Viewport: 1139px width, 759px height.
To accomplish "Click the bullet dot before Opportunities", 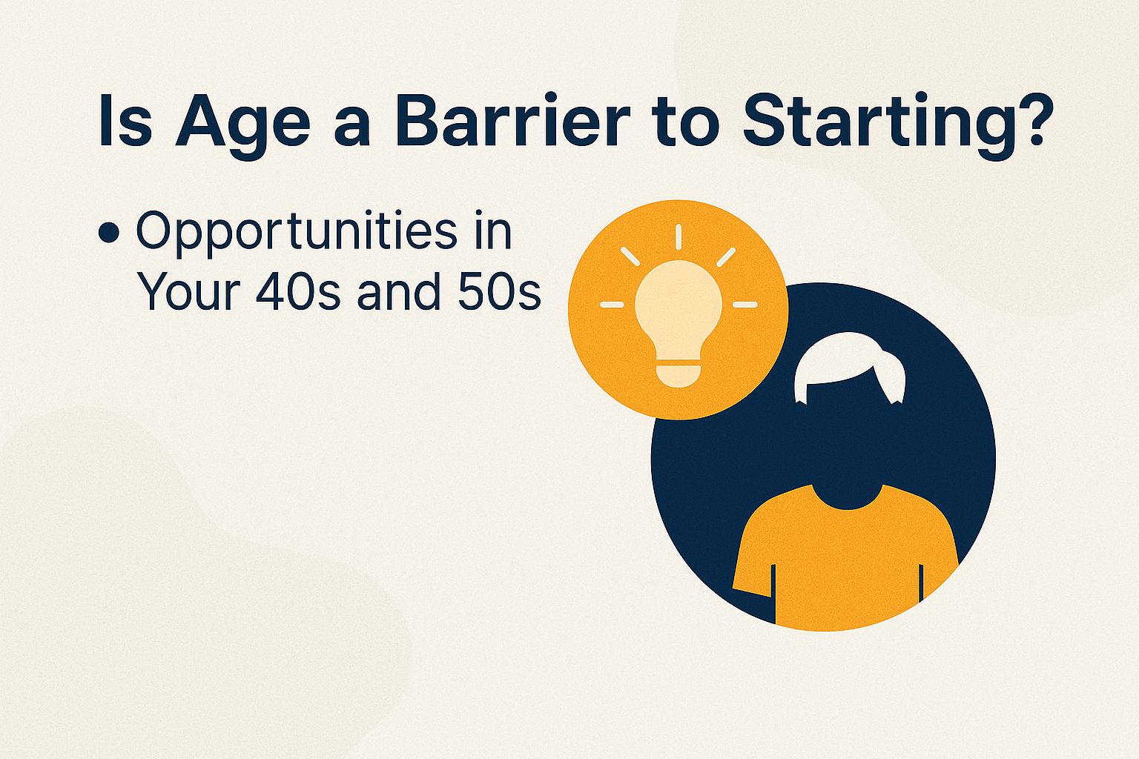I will [108, 233].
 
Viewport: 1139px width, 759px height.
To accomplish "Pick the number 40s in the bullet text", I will [297, 292].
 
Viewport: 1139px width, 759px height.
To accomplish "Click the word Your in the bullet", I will [188, 292].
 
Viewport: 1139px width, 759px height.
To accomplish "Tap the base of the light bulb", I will [679, 374].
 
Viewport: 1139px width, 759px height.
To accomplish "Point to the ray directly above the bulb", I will [679, 236].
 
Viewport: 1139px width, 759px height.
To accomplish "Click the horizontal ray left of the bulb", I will [613, 305].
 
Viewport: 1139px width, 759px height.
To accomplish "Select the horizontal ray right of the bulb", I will [745, 305].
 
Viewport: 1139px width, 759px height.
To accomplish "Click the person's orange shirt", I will [845, 563].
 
